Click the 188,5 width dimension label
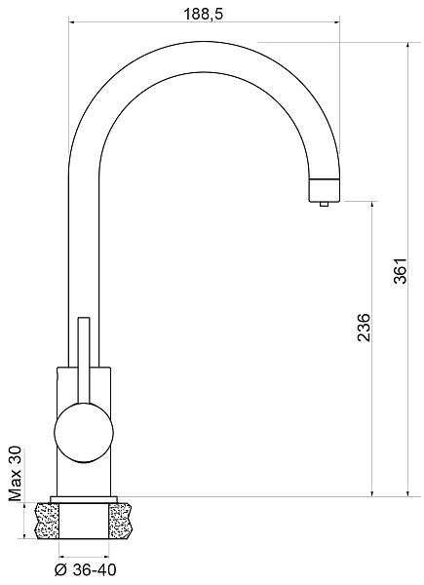point(203,15)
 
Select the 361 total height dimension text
point(401,270)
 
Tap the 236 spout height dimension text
point(364,328)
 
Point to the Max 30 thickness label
point(16,474)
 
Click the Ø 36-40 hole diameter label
point(85,569)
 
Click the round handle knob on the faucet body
point(83,433)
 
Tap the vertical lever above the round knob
point(84,361)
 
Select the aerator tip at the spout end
point(324,189)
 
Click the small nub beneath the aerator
point(324,204)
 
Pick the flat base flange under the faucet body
point(84,499)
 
